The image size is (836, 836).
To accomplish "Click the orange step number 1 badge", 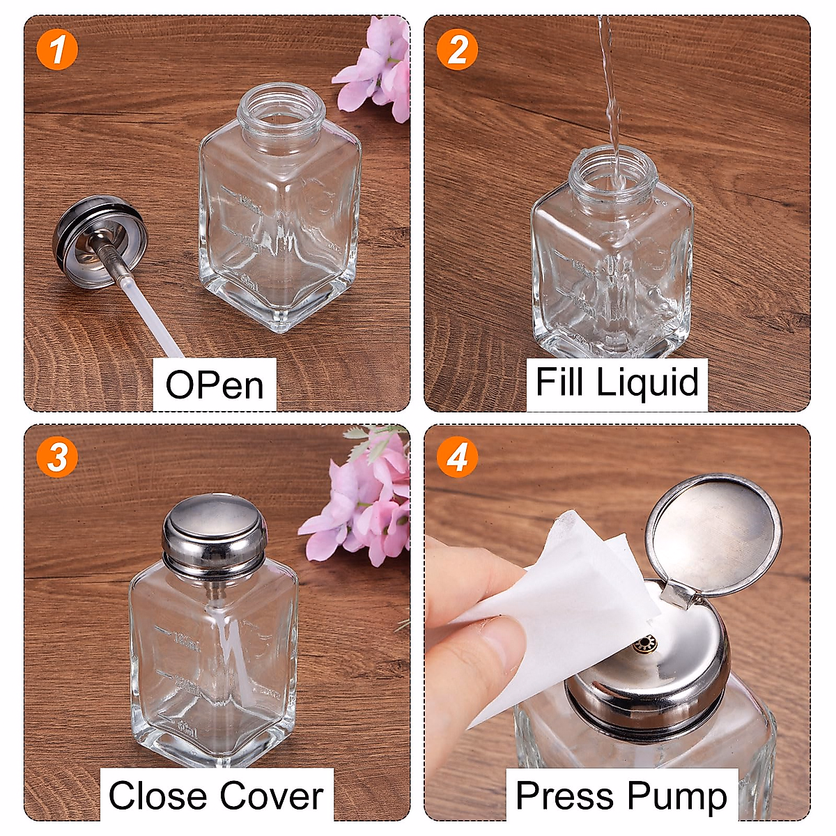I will pyautogui.click(x=57, y=50).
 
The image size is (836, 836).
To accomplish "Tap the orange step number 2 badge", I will pyautogui.click(x=457, y=50).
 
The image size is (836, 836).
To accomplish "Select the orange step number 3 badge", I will pyautogui.click(x=57, y=458).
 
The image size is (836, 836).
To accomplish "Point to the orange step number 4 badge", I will pyautogui.click(x=457, y=458).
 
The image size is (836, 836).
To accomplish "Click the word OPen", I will pyautogui.click(x=215, y=385).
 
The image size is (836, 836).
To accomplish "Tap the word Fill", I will pyautogui.click(x=559, y=382).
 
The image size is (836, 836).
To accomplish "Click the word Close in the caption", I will pyautogui.click(x=157, y=795).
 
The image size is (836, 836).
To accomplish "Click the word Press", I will pyautogui.click(x=565, y=795).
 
